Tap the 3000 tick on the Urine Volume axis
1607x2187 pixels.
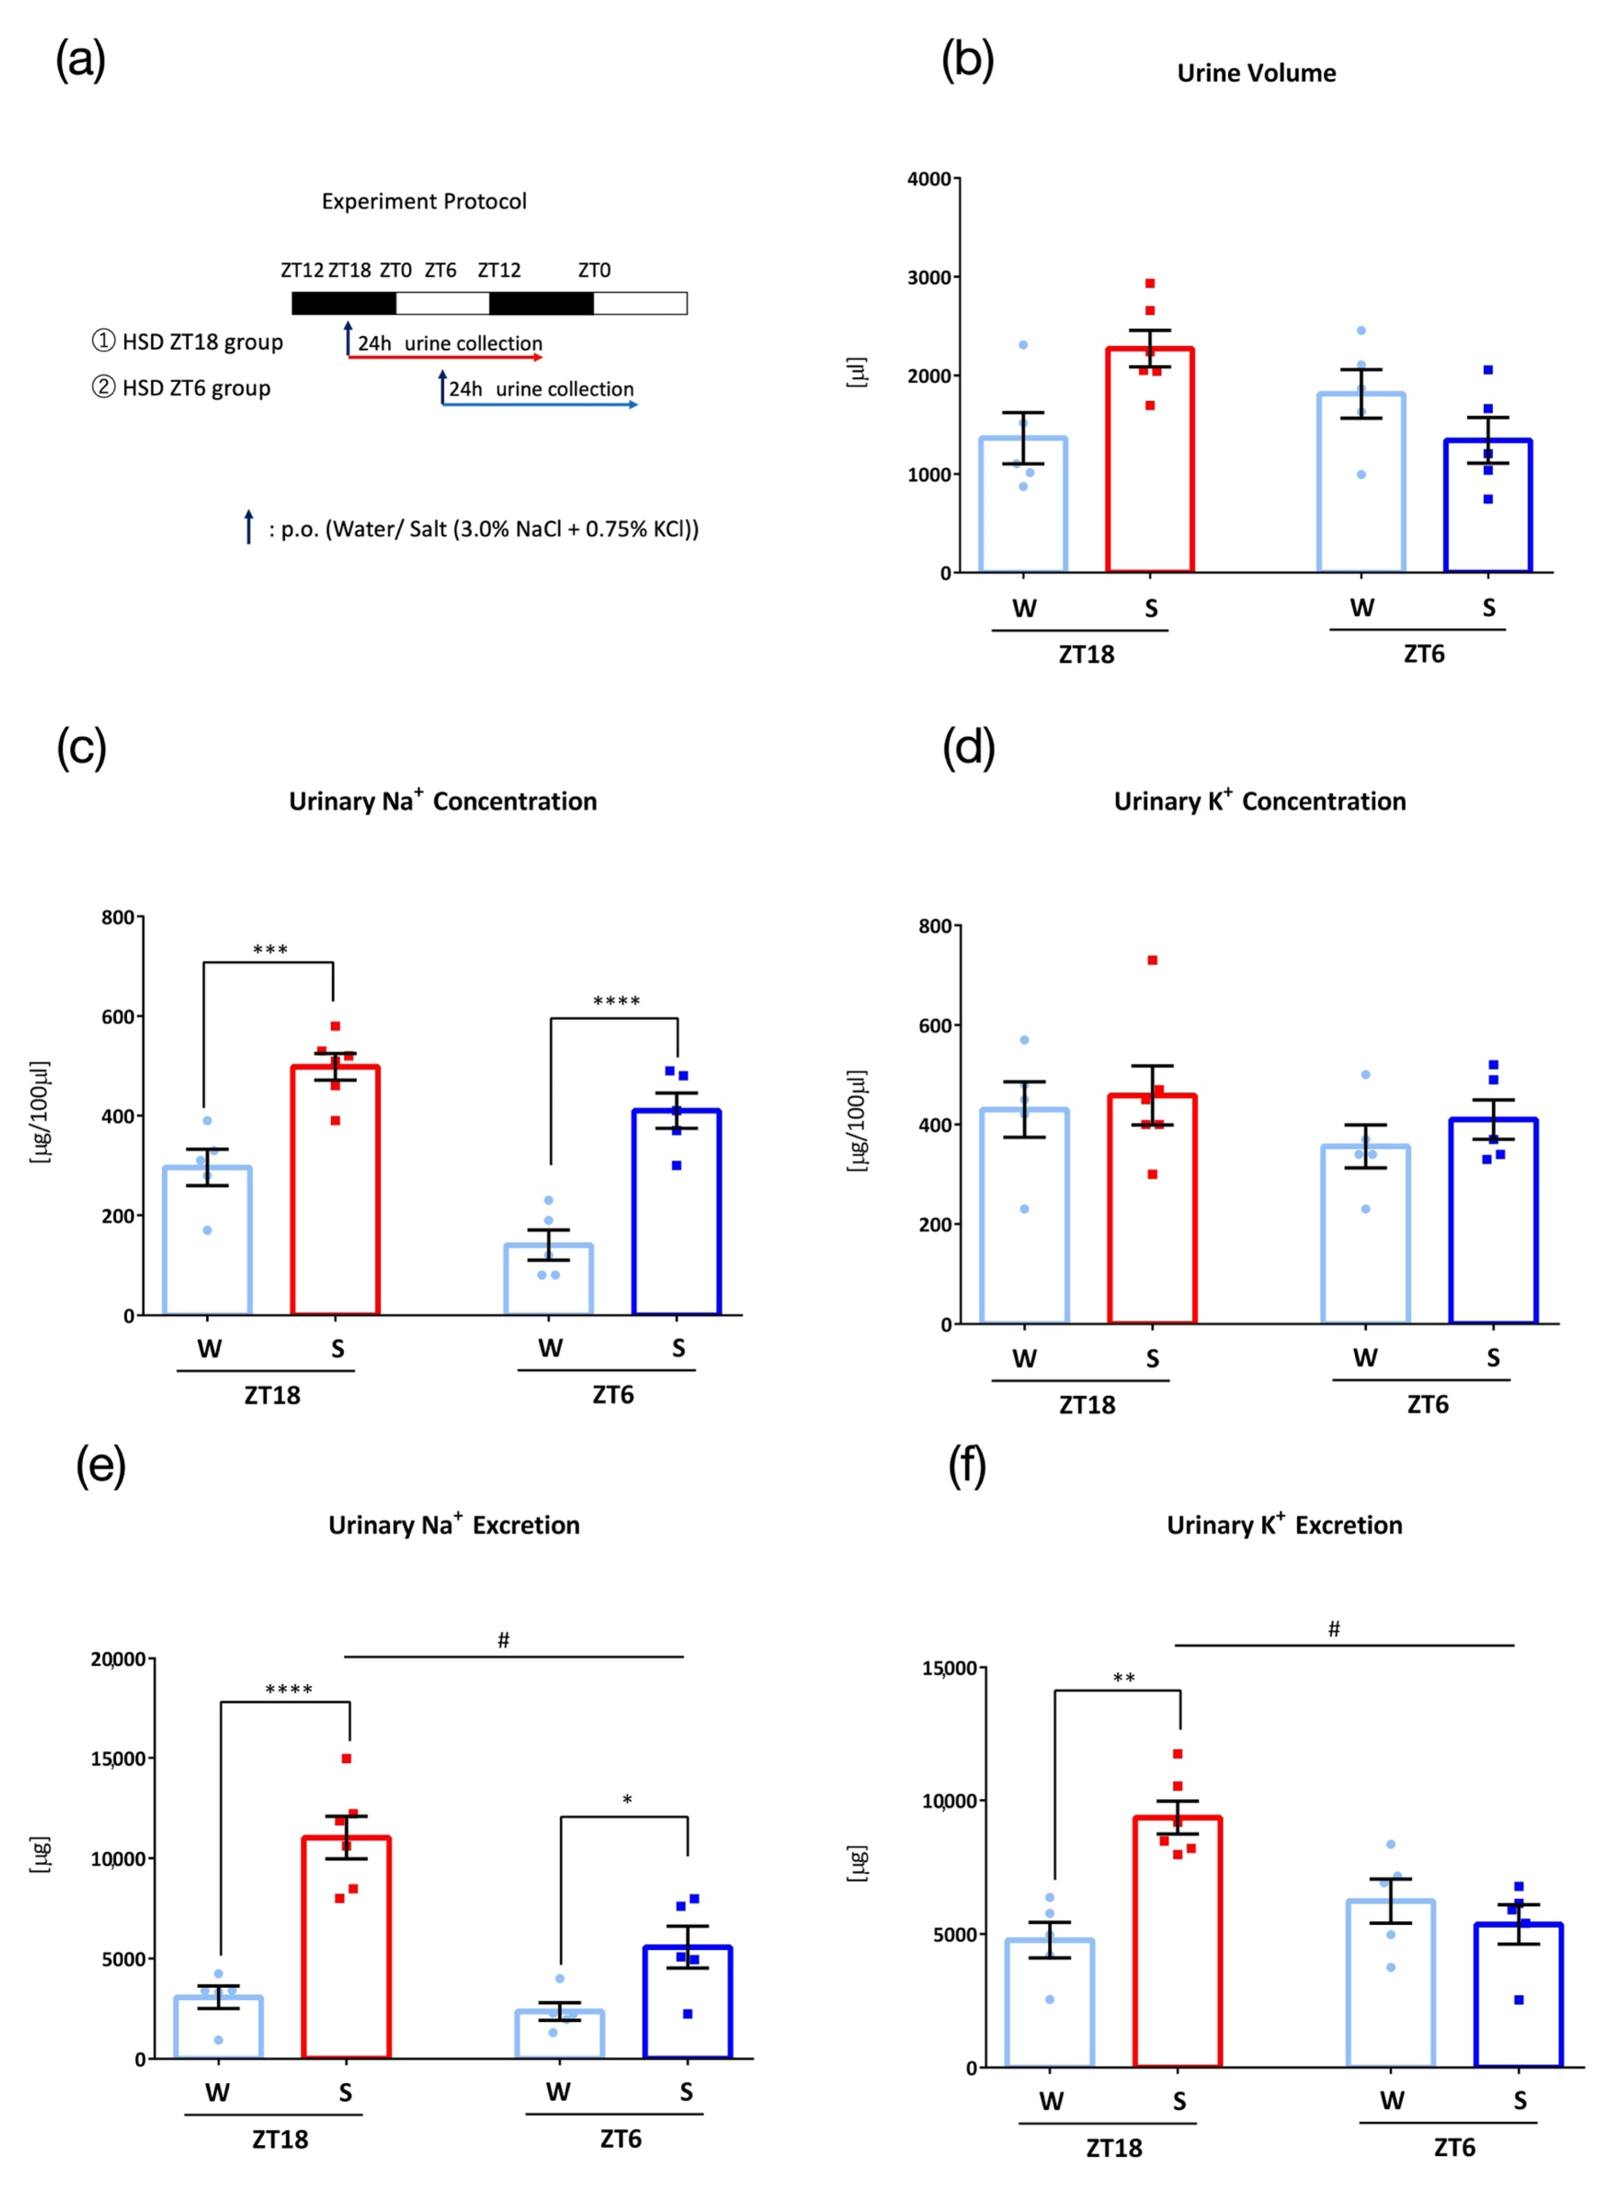[929, 277]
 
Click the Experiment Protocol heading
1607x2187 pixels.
[424, 202]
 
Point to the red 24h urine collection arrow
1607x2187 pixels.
[445, 357]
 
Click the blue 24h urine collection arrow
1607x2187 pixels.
[540, 404]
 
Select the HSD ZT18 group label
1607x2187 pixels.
[188, 341]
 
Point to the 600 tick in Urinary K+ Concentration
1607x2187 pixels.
[935, 1026]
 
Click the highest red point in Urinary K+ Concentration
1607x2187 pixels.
[1152, 960]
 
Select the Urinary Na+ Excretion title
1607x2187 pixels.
[453, 1525]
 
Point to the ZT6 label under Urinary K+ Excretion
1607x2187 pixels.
[1454, 2147]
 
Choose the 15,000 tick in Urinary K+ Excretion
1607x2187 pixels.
[948, 1668]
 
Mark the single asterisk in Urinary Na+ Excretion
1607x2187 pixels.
[627, 1800]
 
